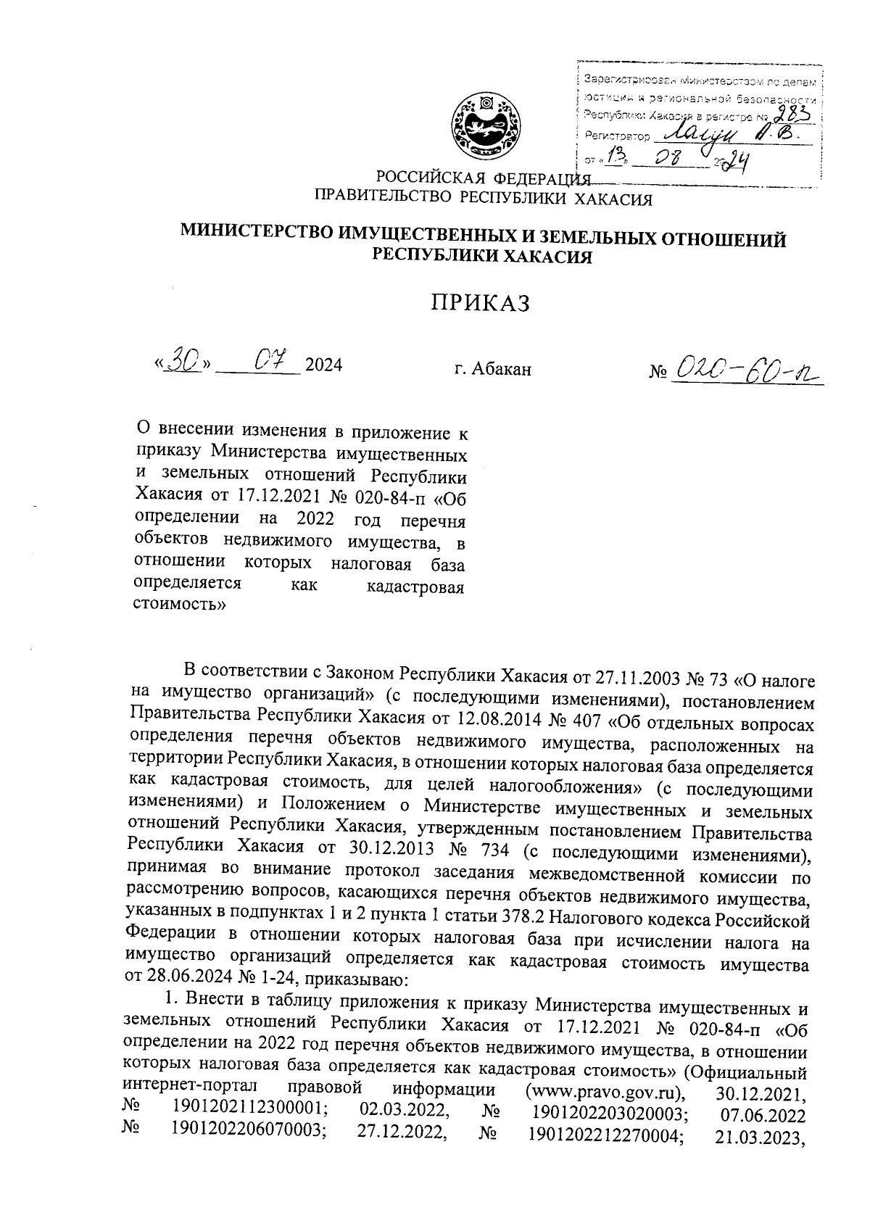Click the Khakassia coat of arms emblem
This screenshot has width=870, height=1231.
coord(484,129)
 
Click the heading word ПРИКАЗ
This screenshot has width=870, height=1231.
coord(481,303)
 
